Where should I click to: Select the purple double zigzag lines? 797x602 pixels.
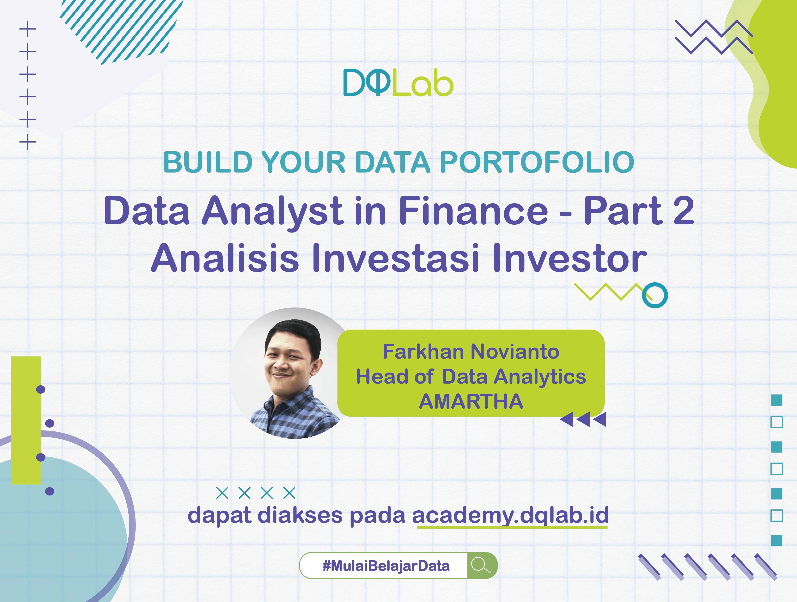click(714, 37)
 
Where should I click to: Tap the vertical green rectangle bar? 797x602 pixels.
click(26, 420)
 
